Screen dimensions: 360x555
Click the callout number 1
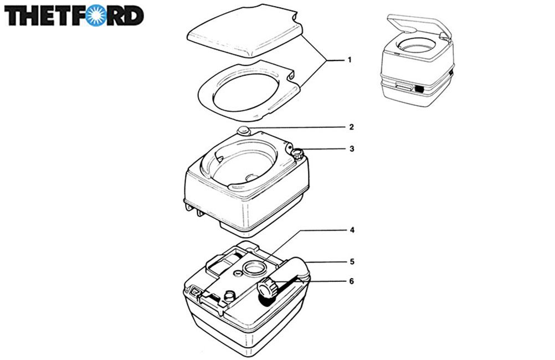(350, 59)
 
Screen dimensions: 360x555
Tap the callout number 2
(351, 127)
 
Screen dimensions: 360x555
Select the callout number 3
(351, 148)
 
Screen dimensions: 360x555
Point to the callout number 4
(351, 229)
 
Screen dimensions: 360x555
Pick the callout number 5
(351, 261)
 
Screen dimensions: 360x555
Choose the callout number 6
(351, 281)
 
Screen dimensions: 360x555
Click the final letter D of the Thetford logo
(133, 16)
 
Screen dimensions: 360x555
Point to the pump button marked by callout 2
(243, 131)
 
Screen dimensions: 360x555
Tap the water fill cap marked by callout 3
(299, 154)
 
